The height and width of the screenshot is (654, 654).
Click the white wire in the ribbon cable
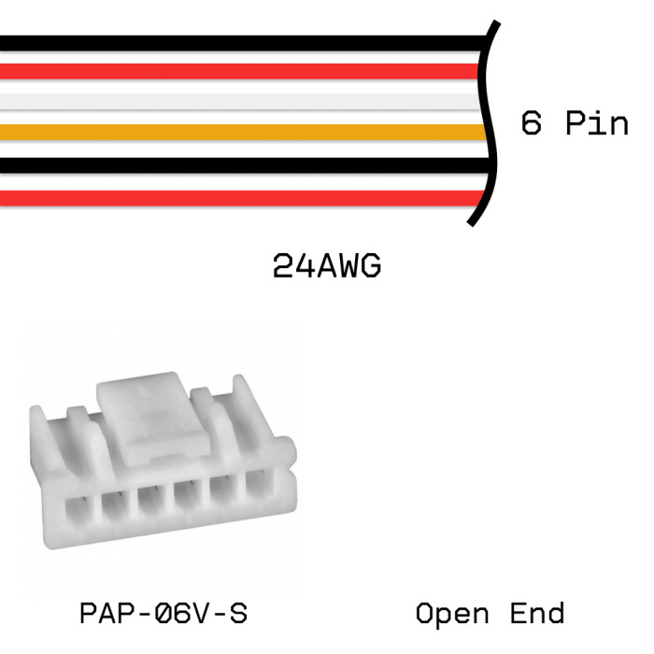click(x=234, y=101)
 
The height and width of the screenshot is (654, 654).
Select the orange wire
click(x=234, y=132)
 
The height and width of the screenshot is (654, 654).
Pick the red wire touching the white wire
click(x=234, y=71)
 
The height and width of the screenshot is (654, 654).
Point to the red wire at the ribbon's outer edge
click(x=234, y=197)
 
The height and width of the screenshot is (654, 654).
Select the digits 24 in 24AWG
click(x=291, y=267)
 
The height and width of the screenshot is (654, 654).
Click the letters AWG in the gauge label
click(x=347, y=267)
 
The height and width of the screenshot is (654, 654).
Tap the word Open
click(x=452, y=615)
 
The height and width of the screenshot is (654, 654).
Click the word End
click(x=538, y=615)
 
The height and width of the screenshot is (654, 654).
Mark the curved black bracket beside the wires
click(x=487, y=121)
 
